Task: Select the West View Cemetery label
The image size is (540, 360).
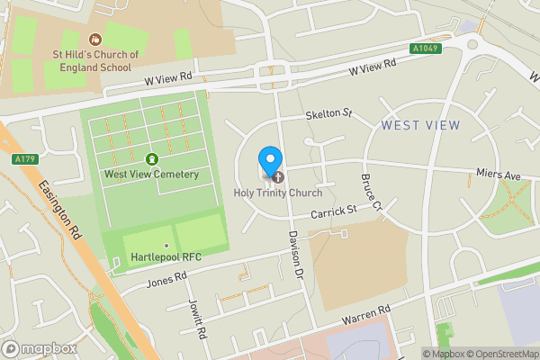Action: (x=151, y=174)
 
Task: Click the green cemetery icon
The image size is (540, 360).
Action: (x=151, y=159)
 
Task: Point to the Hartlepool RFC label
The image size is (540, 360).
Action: (x=166, y=257)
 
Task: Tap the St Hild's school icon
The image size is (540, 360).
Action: (x=95, y=39)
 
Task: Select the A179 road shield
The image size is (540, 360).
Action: (x=25, y=159)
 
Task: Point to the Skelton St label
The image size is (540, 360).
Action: (x=328, y=114)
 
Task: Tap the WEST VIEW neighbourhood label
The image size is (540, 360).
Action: (x=420, y=125)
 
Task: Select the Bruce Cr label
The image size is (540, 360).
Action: (x=373, y=192)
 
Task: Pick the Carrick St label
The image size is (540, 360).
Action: (x=335, y=211)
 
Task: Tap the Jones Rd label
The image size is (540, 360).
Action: (x=166, y=282)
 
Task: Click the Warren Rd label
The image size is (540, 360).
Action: (x=365, y=315)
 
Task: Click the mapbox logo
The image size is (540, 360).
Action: (x=40, y=348)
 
